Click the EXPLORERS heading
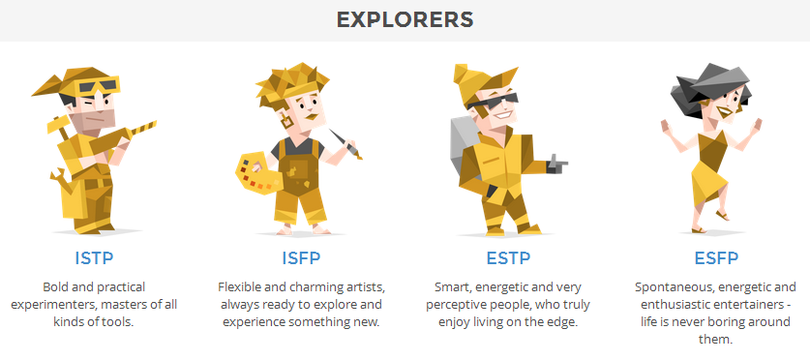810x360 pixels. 405,19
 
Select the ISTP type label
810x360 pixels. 94,257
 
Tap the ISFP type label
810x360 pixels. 301,257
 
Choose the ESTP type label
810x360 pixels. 508,257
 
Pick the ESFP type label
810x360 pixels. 716,257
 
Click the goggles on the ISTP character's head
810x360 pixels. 99,86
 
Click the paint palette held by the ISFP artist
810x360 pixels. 257,172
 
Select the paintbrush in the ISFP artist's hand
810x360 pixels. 345,143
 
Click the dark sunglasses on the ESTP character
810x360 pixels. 494,102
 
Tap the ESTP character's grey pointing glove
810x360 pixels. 556,165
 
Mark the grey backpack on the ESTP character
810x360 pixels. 464,146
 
